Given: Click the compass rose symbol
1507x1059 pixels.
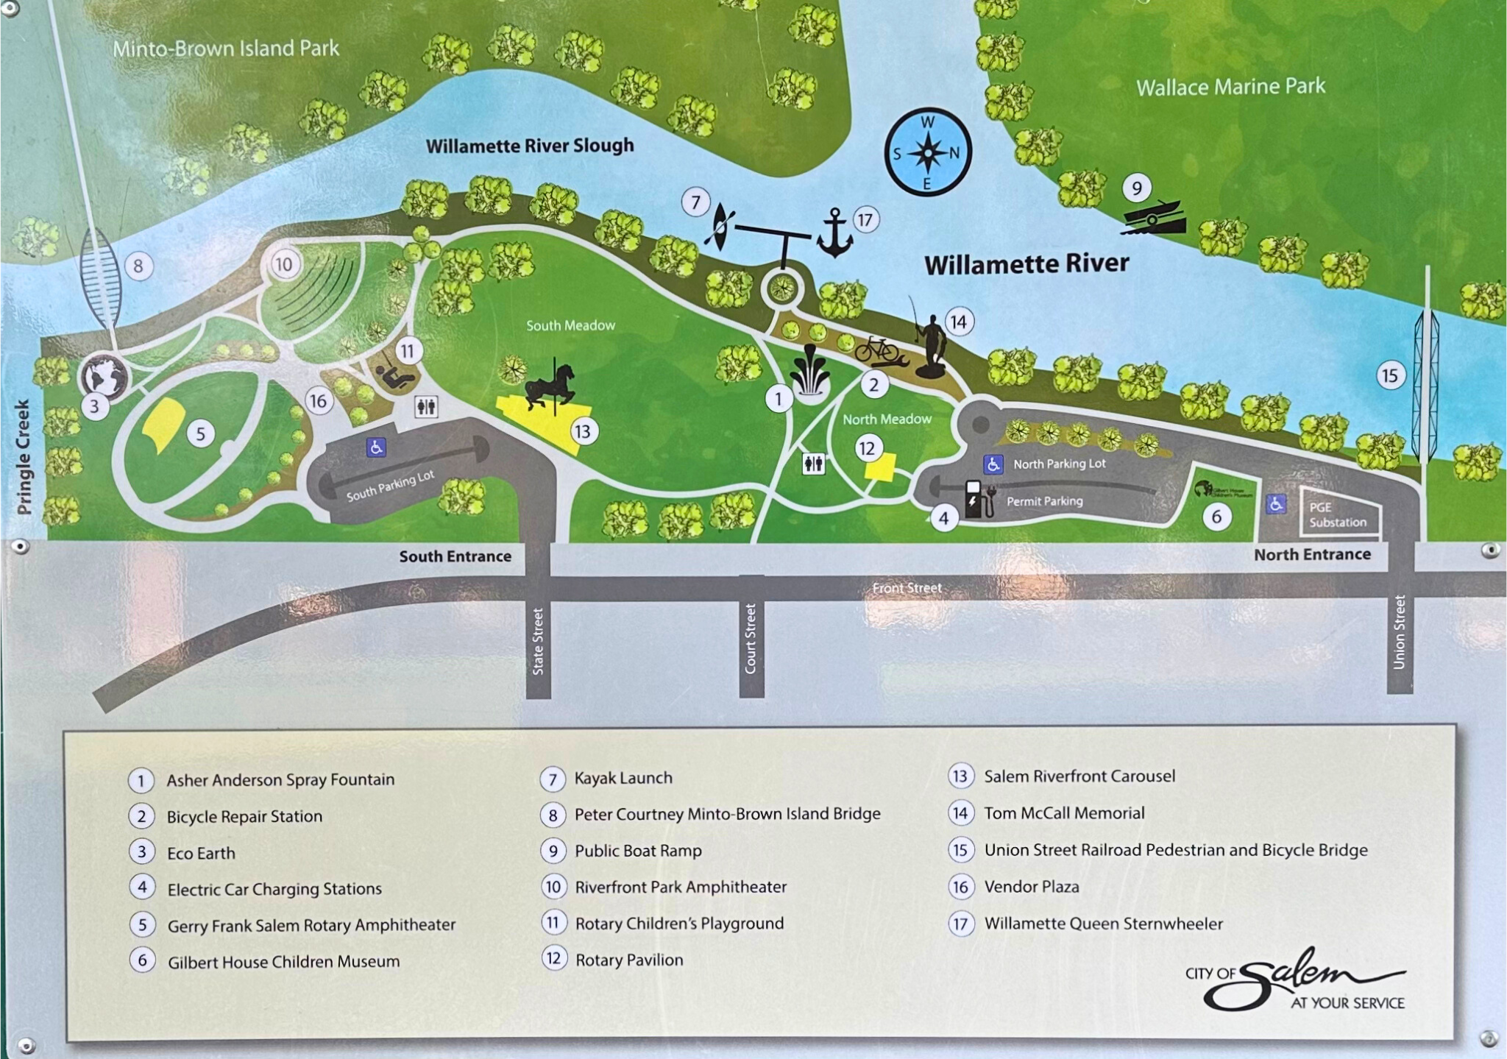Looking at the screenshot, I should (x=928, y=152).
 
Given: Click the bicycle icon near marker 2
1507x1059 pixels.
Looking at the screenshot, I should (x=877, y=350).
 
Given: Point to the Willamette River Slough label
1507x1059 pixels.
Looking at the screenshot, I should (x=530, y=146).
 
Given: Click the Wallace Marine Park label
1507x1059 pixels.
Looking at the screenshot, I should (x=1230, y=88).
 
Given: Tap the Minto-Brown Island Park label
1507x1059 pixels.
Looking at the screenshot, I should (x=226, y=49).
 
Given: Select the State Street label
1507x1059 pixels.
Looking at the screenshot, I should (x=539, y=641).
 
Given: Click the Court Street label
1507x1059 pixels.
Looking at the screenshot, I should (x=751, y=638).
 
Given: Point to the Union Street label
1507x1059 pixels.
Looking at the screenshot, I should (x=1399, y=632).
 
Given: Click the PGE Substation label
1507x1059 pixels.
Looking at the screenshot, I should (x=1337, y=514).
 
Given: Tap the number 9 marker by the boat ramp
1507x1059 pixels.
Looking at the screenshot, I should (x=1137, y=188).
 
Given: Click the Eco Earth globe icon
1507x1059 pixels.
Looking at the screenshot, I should (x=104, y=376).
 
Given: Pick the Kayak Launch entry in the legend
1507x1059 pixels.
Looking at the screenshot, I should (x=623, y=778).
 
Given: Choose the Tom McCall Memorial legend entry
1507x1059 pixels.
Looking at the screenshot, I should (x=1063, y=813).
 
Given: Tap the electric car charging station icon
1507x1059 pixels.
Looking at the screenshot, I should (x=978, y=498).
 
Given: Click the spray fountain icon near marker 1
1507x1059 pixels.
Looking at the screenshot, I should (x=810, y=372).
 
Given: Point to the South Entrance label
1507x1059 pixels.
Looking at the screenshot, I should (x=455, y=556).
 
